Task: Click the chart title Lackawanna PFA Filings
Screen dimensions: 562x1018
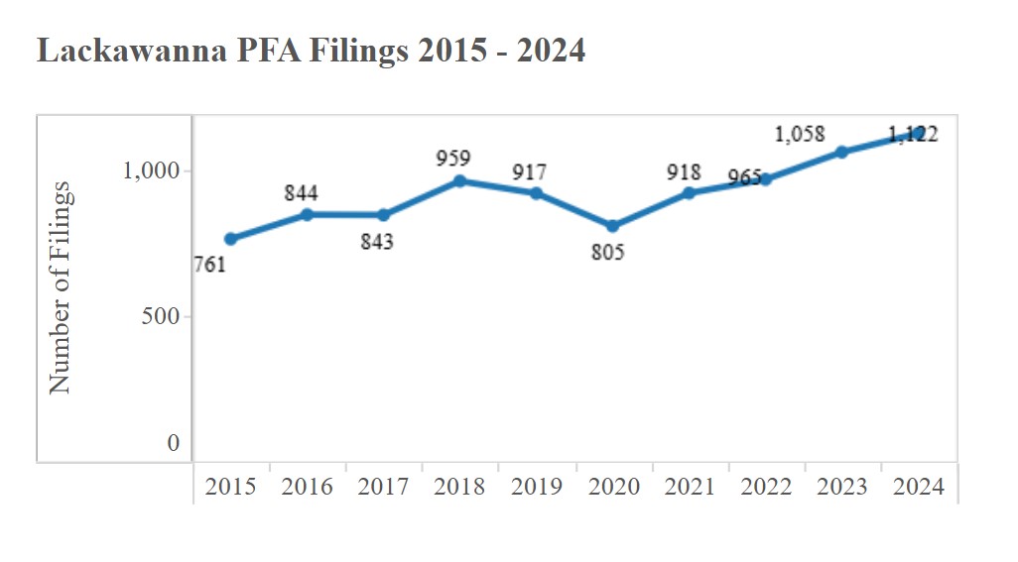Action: click(311, 51)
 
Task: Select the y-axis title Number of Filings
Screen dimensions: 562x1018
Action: click(62, 287)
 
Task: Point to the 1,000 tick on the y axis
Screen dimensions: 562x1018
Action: click(151, 170)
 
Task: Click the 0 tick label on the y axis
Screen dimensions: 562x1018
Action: click(174, 444)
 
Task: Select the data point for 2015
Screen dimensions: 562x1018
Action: click(231, 239)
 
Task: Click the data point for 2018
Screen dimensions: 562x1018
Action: click(460, 181)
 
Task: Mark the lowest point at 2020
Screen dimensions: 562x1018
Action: click(613, 226)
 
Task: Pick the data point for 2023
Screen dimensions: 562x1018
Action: click(842, 152)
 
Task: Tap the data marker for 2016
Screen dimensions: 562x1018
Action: click(308, 214)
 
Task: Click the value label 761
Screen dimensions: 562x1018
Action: click(209, 265)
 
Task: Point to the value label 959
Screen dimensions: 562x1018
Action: click(453, 158)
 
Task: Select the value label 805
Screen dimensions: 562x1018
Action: click(607, 253)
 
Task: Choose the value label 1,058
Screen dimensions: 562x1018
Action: click(800, 134)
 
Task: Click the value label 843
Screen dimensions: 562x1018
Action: click(376, 241)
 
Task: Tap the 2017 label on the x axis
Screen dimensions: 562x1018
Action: click(384, 487)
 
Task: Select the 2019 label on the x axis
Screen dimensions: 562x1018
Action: click(537, 487)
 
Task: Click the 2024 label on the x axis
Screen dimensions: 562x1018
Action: click(919, 487)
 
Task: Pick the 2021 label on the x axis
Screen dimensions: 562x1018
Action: click(690, 487)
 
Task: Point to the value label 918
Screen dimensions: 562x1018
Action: click(684, 172)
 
